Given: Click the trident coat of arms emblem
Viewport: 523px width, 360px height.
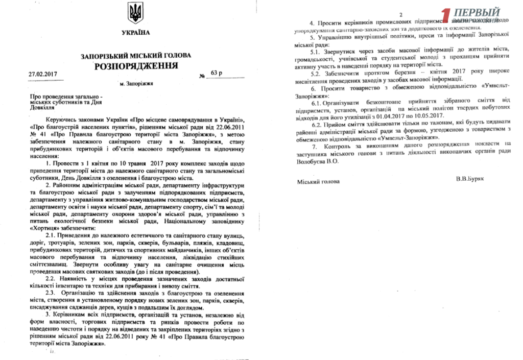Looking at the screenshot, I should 136,13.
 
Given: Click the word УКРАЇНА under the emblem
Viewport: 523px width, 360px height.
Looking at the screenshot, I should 136,33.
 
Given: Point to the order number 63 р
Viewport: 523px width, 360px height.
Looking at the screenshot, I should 217,74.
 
